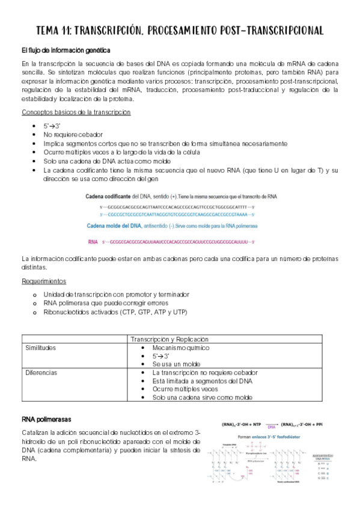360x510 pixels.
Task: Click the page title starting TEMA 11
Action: click(x=180, y=30)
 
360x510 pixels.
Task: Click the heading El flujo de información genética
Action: click(x=66, y=50)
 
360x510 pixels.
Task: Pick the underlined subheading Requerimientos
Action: click(x=44, y=281)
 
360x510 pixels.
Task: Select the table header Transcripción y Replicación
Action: click(x=169, y=339)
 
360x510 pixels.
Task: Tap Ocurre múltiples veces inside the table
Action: click(x=183, y=389)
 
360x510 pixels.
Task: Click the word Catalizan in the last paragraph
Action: click(x=36, y=433)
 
